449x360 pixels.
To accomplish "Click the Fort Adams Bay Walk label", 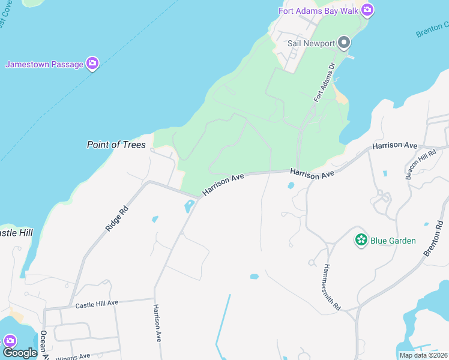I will pos(318,11).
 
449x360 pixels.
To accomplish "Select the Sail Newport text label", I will pos(310,43).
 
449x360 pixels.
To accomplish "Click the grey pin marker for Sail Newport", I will pos(344,43).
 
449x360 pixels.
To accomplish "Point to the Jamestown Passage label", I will pos(44,64).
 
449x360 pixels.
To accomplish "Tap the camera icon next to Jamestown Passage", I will pos(92,63).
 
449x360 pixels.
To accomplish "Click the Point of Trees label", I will pos(116,145).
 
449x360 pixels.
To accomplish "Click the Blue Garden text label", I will pos(393,241).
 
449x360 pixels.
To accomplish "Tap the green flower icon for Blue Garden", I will pos(361,240).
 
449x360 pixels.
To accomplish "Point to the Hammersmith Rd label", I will pos(332,286).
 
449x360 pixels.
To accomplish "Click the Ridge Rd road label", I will pos(116,219).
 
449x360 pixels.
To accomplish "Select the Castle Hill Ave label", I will pos(97,305).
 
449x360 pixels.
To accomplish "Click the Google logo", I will pos(19,353).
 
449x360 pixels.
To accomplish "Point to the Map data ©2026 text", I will pos(423,355).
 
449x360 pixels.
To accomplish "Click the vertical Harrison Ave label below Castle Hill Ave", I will pos(157,323).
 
